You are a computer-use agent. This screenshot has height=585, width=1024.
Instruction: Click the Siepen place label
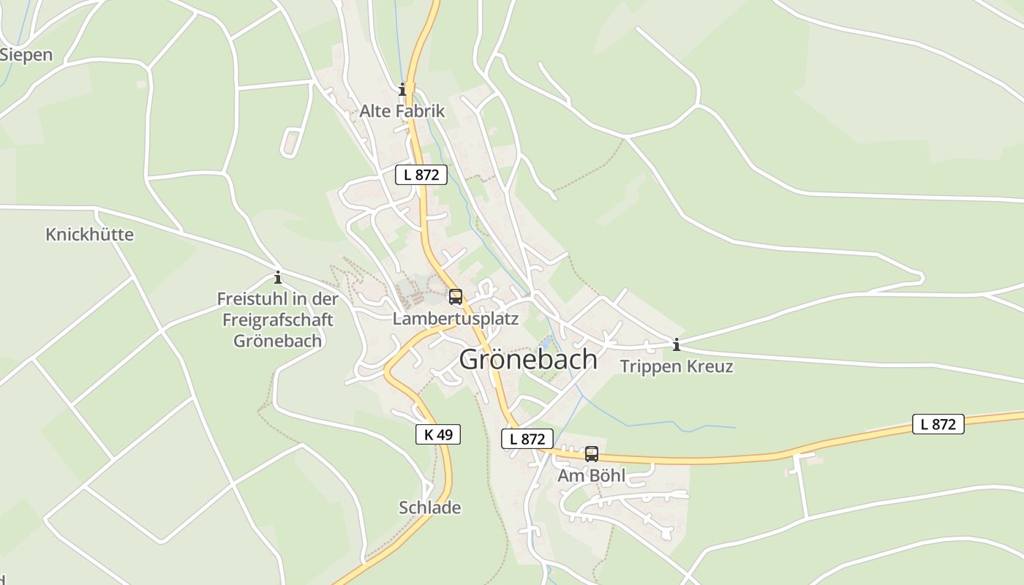click(x=27, y=55)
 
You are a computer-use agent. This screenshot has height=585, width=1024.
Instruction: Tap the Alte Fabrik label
click(x=402, y=111)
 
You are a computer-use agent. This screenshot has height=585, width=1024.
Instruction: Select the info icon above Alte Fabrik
click(x=402, y=90)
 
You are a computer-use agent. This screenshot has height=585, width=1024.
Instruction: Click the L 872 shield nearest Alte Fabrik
click(x=421, y=175)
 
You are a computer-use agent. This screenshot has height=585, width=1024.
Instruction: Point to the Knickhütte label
click(x=89, y=235)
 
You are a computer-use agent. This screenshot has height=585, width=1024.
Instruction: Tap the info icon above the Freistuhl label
click(x=278, y=278)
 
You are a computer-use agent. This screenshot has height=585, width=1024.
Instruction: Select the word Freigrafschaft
click(x=277, y=320)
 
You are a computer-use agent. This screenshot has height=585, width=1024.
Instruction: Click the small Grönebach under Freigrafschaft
click(x=277, y=341)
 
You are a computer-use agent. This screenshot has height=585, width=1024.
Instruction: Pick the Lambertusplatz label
click(x=455, y=319)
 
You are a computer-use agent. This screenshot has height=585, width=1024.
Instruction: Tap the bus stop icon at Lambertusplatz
click(x=456, y=297)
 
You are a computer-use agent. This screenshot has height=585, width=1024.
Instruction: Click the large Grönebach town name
click(x=528, y=360)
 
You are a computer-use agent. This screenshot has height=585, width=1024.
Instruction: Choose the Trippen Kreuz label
click(x=677, y=366)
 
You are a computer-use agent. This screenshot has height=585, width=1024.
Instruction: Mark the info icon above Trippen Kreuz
click(x=677, y=344)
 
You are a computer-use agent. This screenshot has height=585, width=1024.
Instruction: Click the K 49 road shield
click(x=438, y=434)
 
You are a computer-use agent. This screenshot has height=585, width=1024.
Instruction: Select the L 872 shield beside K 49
click(x=527, y=439)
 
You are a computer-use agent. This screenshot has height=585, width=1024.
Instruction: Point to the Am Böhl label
click(x=591, y=475)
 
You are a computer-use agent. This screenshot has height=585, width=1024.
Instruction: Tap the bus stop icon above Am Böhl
click(x=592, y=454)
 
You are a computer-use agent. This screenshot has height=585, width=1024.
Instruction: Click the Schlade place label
click(x=430, y=507)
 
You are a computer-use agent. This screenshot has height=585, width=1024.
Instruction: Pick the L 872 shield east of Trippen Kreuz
click(x=938, y=424)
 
